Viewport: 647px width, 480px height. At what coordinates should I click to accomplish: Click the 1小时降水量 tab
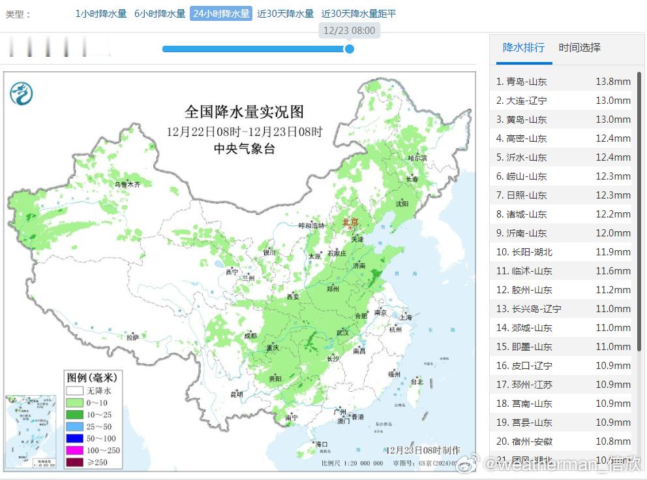click(x=101, y=13)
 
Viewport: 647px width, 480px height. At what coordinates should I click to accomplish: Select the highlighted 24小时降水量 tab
click(x=221, y=13)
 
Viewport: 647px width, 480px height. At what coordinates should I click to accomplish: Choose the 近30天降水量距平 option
click(x=359, y=13)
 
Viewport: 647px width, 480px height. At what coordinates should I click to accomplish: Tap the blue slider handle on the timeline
click(x=349, y=48)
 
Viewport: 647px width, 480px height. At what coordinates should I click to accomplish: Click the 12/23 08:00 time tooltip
click(x=349, y=30)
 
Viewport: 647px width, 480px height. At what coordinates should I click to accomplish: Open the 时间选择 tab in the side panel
click(x=580, y=48)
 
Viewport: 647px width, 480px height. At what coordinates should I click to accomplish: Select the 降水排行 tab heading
click(x=524, y=48)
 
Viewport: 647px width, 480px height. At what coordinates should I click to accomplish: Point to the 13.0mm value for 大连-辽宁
click(x=612, y=101)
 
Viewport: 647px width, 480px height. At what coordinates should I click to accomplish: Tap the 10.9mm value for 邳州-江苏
click(x=612, y=385)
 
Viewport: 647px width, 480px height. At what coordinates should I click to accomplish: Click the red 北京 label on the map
click(x=350, y=223)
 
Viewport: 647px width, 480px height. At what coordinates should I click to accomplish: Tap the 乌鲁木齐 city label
click(x=127, y=185)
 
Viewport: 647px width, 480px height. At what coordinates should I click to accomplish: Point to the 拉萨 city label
click(x=133, y=337)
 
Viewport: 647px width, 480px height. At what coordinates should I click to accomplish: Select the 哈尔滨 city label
click(x=417, y=158)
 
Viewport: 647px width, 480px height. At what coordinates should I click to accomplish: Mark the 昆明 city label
click(x=236, y=394)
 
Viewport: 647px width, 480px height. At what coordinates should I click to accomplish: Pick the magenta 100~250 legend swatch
click(x=74, y=451)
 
